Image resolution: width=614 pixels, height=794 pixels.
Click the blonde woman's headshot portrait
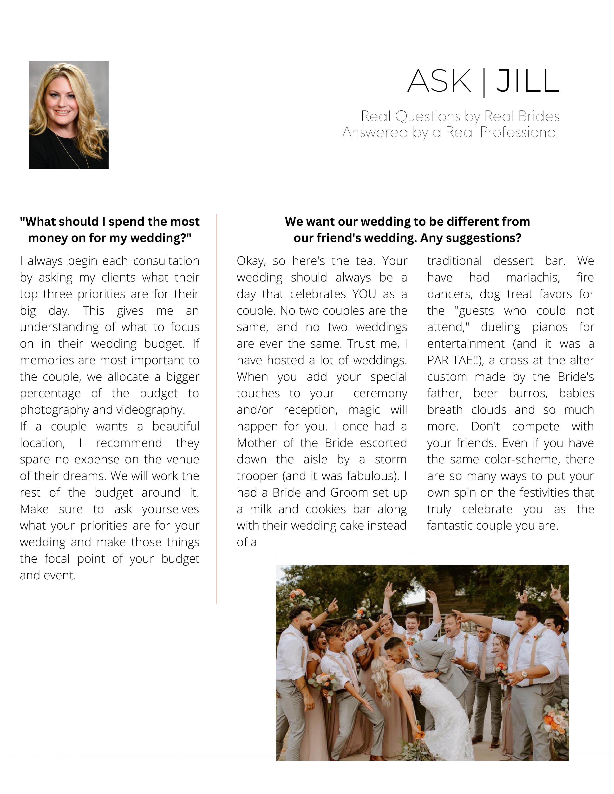click(68, 115)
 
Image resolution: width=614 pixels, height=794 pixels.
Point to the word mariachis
click(533, 277)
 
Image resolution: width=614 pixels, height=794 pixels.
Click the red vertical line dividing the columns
click(217, 400)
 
